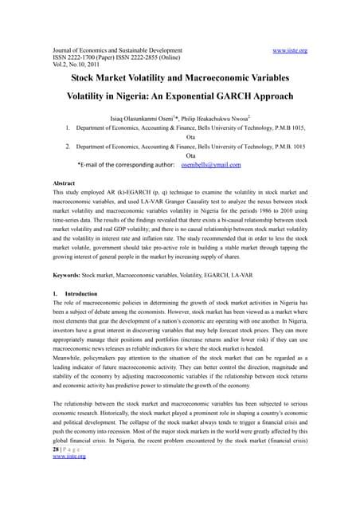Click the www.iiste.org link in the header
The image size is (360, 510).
[290, 50]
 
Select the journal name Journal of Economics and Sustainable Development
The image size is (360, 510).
[117, 50]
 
